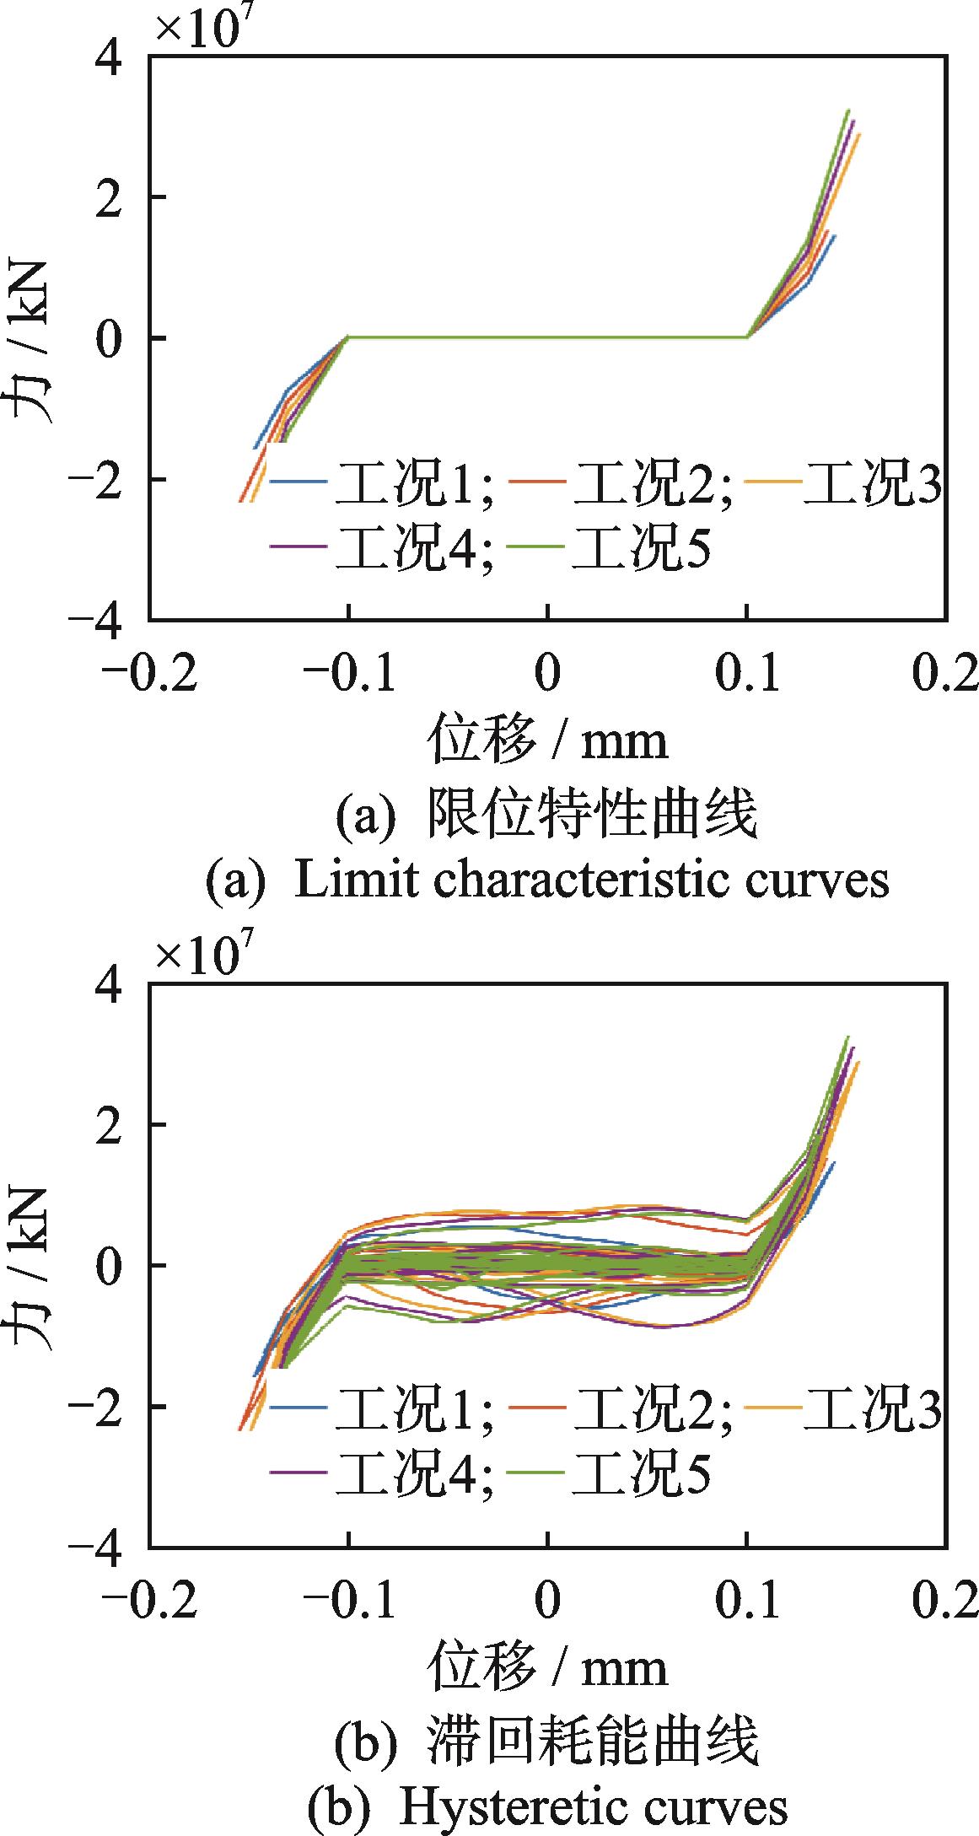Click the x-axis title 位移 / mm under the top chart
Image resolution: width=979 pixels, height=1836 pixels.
[548, 740]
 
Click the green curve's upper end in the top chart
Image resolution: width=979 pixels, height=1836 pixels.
[847, 110]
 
